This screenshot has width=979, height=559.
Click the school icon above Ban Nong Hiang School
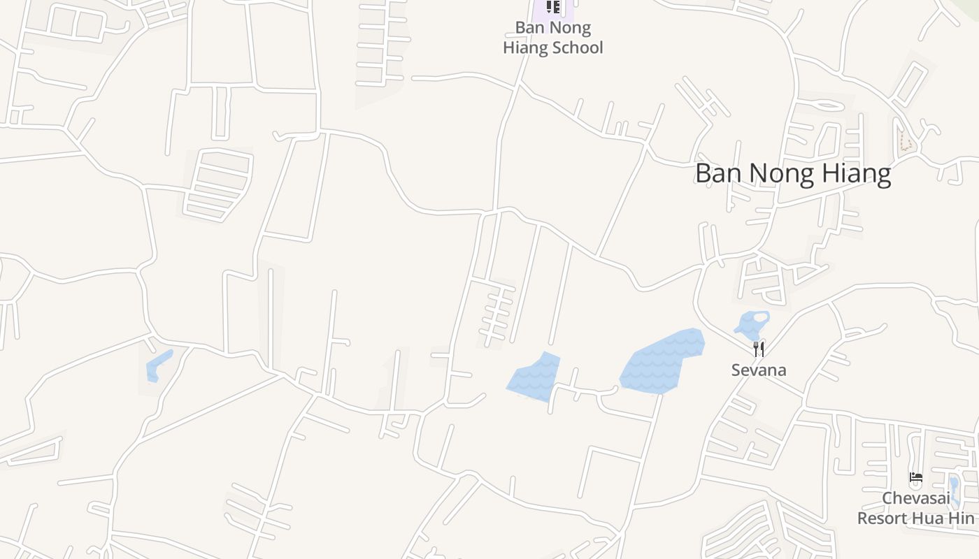point(553,7)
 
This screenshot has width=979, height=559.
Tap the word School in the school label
point(578,48)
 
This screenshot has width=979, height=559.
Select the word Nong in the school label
point(573,28)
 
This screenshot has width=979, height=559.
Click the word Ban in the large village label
point(716,173)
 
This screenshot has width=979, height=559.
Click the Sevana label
point(759,370)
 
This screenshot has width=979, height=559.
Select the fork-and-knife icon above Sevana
point(759,349)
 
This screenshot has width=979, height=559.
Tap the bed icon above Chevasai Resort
point(915,479)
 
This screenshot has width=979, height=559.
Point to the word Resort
point(883,518)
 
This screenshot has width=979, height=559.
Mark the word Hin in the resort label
point(962,518)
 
